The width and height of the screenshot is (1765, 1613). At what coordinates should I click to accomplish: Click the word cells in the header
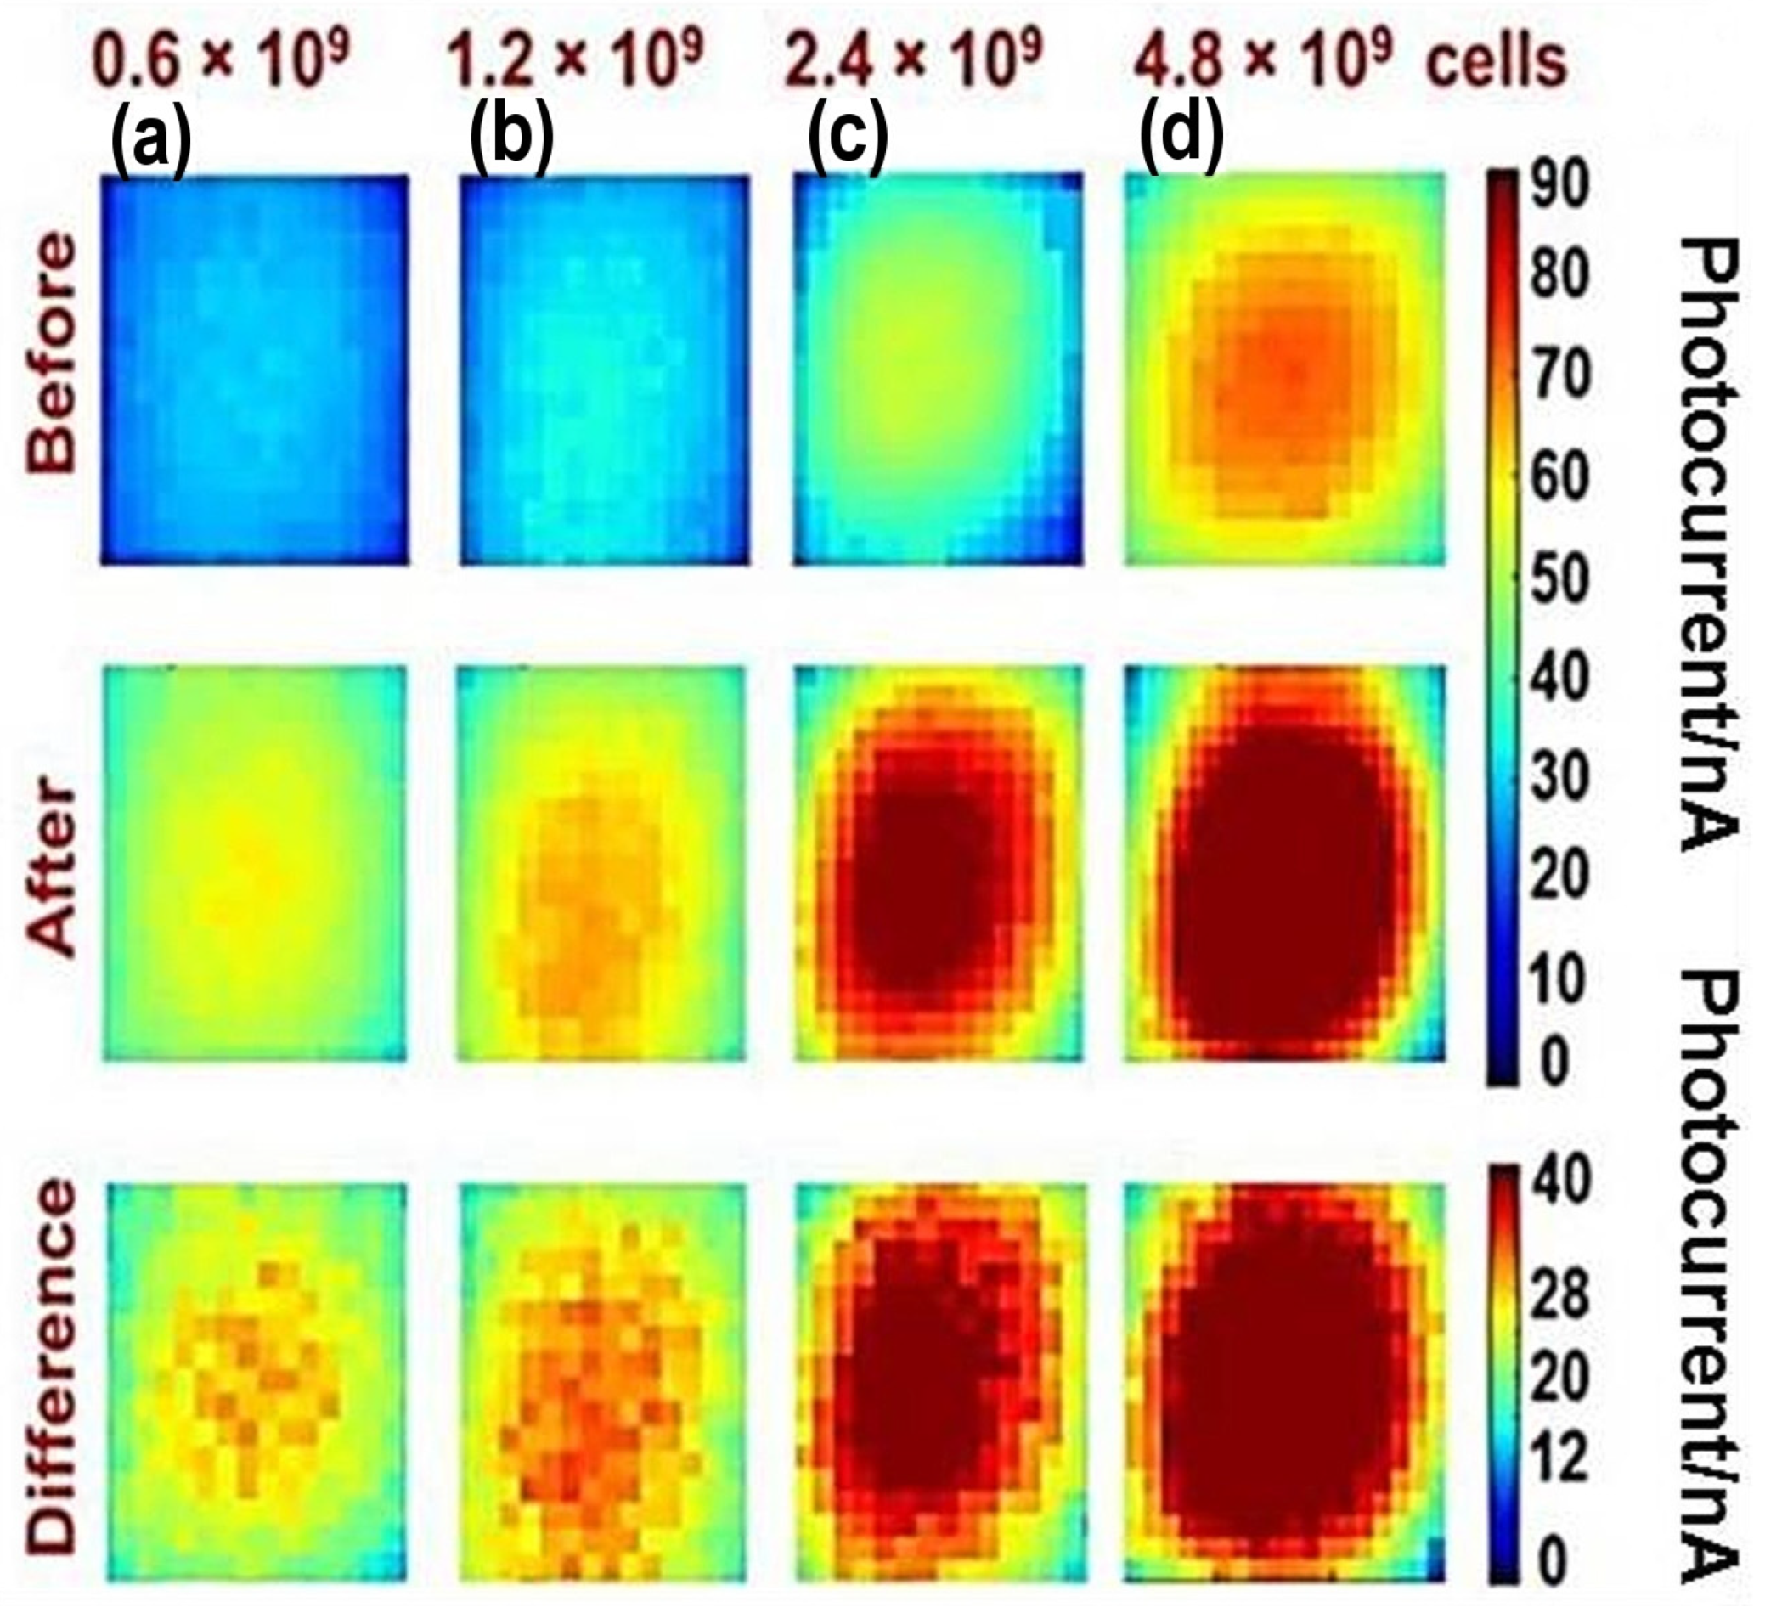tap(1497, 63)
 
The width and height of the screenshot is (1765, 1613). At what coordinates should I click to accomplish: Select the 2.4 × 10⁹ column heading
tap(911, 63)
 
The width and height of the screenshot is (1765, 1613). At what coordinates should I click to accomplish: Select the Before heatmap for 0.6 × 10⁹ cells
tap(255, 369)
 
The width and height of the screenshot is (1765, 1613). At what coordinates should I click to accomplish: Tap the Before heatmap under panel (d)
tap(1284, 369)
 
